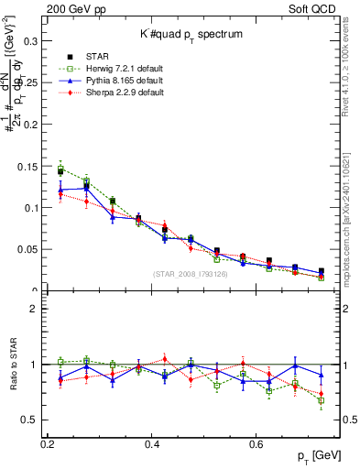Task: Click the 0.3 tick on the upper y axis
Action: (35, 40)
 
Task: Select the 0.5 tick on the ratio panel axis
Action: (34, 420)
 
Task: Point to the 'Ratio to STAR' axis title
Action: (12, 365)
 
